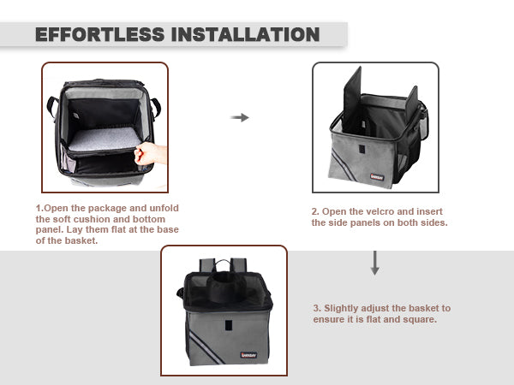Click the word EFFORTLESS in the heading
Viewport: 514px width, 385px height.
100,34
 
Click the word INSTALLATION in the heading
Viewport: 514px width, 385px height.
245,34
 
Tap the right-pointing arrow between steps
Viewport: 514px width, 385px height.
240,117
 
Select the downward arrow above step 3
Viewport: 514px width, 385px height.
375,263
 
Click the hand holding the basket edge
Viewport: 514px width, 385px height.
150,153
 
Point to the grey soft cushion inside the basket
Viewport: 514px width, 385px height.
105,139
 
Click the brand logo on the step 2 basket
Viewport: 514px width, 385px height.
377,177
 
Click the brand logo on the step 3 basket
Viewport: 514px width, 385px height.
248,355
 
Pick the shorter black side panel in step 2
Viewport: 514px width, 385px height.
412,104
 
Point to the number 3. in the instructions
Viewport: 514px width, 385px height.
317,308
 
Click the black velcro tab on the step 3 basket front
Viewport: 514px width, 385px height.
229,325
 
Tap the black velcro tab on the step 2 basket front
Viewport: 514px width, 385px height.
362,149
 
